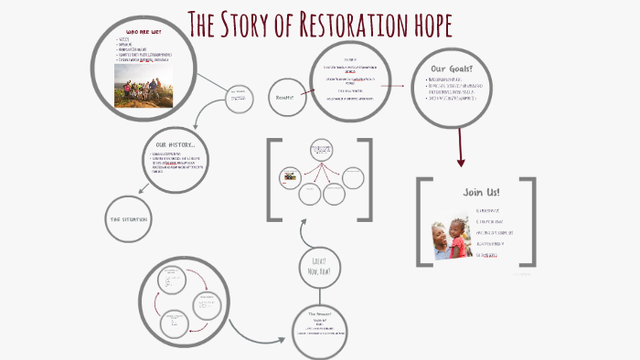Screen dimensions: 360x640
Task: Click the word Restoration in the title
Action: click(347, 25)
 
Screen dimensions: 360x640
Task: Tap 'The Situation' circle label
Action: click(129, 220)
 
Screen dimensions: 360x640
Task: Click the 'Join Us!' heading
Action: click(475, 193)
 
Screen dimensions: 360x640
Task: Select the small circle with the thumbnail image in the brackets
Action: click(290, 175)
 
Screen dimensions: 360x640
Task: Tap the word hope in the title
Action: click(422, 25)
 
